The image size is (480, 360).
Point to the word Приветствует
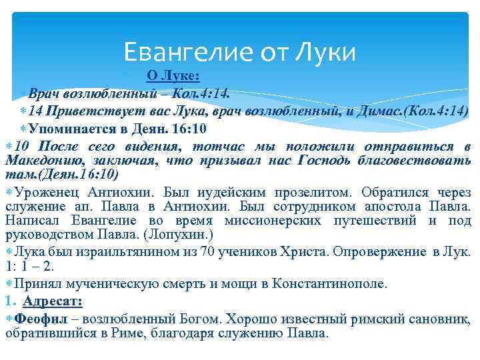tap(85, 110)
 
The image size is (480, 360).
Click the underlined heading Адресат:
tap(53, 300)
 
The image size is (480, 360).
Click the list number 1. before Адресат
tap(10, 300)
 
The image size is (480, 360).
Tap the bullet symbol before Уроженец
tap(9, 192)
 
